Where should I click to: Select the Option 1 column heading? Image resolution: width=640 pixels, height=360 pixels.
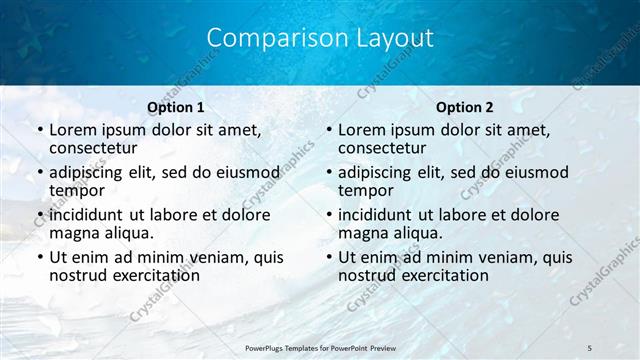pyautogui.click(x=176, y=106)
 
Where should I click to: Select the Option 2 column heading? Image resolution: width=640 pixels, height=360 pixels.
pyautogui.click(x=465, y=106)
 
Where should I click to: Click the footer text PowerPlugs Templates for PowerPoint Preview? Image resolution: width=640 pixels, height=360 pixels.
pyautogui.click(x=321, y=347)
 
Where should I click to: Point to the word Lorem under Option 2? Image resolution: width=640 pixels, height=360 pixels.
pyautogui.click(x=361, y=130)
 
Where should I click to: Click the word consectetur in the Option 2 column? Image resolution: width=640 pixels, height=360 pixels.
pyautogui.click(x=385, y=149)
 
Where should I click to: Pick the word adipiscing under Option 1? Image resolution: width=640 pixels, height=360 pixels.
pyautogui.click(x=92, y=172)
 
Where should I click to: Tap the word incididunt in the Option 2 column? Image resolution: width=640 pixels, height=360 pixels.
pyautogui.click(x=380, y=214)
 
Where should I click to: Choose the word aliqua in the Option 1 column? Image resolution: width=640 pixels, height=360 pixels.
pyautogui.click(x=127, y=233)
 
